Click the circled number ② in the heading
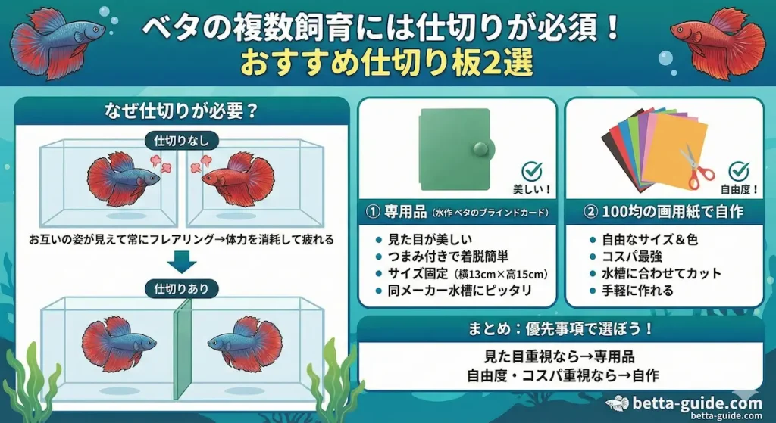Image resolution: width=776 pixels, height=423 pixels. [x=584, y=213]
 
